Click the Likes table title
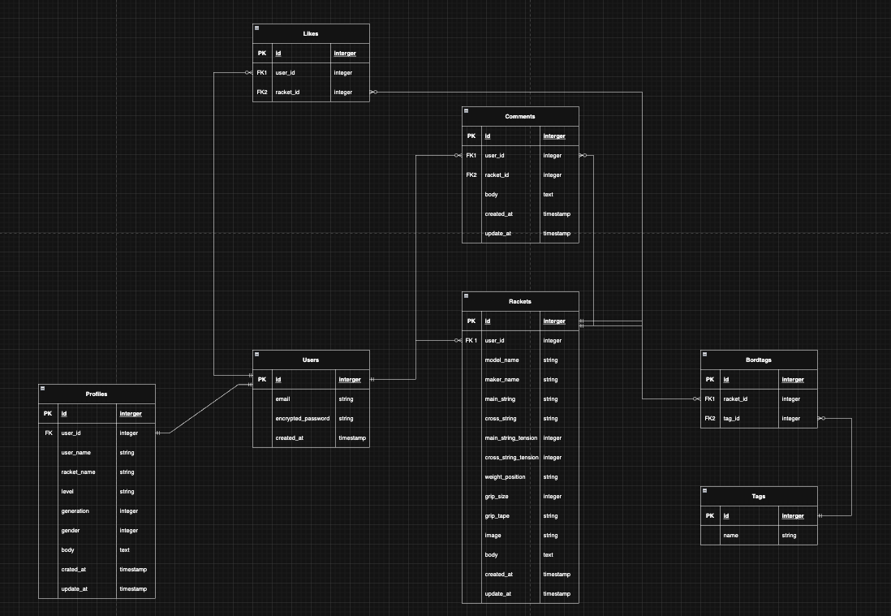(x=311, y=33)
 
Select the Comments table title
(x=520, y=116)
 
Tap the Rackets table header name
(x=520, y=301)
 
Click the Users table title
(x=311, y=360)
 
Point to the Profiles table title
(x=97, y=394)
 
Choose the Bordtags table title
(x=759, y=360)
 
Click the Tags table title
(x=759, y=496)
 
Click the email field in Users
(x=282, y=399)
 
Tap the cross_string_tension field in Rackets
(x=511, y=458)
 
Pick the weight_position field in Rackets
(x=505, y=477)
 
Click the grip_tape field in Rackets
(x=498, y=516)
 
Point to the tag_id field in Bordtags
(x=732, y=419)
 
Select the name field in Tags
(x=730, y=536)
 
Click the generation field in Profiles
(x=75, y=511)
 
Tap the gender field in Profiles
(x=71, y=531)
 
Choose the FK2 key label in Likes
(x=262, y=93)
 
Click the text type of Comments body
(x=548, y=195)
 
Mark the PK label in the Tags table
(x=709, y=515)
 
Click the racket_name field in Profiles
(x=78, y=472)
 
